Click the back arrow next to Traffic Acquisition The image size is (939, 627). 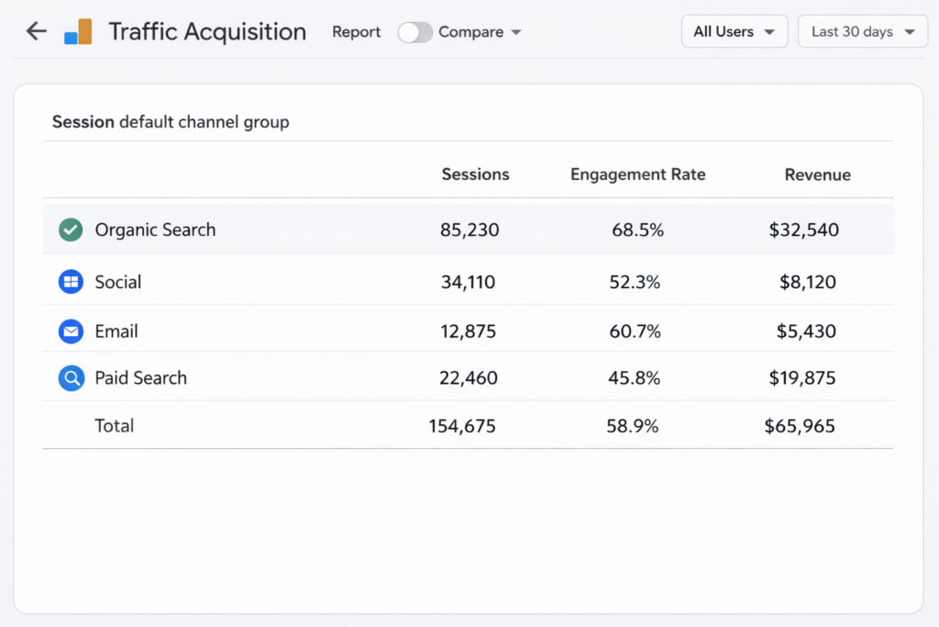[x=36, y=31]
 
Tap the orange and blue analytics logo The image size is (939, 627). [x=78, y=32]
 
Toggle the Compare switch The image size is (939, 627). [x=414, y=32]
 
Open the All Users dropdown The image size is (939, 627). [x=734, y=31]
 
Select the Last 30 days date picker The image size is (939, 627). [x=862, y=31]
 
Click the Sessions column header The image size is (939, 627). [x=475, y=174]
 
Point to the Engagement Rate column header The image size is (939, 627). [x=637, y=174]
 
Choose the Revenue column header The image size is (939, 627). [x=817, y=174]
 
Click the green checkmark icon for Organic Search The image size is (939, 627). [x=71, y=230]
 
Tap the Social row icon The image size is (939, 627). [x=71, y=282]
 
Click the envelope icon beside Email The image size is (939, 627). [x=71, y=331]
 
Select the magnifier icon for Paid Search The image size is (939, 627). [x=71, y=378]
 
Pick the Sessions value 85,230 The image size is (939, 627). [x=469, y=230]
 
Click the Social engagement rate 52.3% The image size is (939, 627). [x=635, y=283]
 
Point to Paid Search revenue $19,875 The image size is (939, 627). [x=802, y=378]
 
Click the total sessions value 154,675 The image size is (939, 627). [x=462, y=426]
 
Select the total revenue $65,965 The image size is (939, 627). [x=800, y=426]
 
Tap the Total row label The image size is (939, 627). [x=115, y=426]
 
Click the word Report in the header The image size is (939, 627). [x=356, y=32]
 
